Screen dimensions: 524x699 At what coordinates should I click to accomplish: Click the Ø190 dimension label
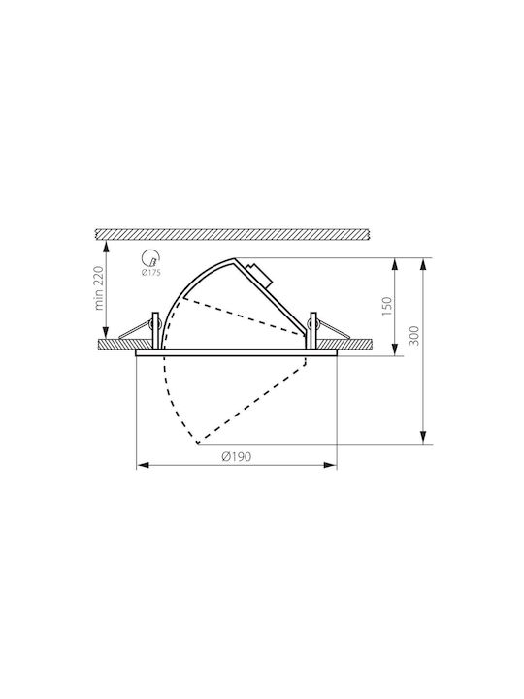pos(237,456)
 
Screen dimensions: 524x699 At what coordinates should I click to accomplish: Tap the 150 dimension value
pos(387,307)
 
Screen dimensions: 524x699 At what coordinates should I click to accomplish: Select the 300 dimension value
pos(414,336)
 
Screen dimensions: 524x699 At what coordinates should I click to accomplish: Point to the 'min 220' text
pos(99,288)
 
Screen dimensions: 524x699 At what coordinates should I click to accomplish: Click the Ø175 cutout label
pos(150,273)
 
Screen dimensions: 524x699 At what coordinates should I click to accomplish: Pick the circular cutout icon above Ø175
pos(149,258)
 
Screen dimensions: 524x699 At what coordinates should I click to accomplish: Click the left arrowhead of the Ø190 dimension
pos(143,465)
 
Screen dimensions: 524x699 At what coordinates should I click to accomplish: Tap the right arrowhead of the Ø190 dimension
pos(330,465)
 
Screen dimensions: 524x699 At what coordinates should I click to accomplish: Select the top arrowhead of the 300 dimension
pos(423,265)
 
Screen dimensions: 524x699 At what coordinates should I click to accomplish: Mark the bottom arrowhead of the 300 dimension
pos(423,437)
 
